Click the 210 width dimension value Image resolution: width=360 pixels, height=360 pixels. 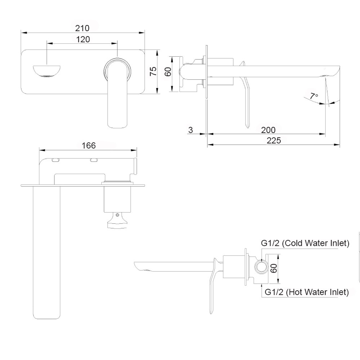coord(83,28)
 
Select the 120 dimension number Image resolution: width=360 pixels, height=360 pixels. coord(83,39)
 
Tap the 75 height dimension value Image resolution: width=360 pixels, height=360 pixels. coord(153,71)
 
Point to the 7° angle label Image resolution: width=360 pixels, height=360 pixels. coord(314,96)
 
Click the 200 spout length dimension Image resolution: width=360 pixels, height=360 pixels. coord(268,130)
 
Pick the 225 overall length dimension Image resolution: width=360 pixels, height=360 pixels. coord(274,140)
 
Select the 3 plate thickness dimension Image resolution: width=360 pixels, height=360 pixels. coord(190,130)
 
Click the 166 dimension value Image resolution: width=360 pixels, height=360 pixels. coord(89,145)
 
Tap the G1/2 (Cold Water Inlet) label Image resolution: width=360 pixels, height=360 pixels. coord(305,243)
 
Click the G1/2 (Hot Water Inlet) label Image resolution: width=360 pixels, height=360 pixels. coord(306,292)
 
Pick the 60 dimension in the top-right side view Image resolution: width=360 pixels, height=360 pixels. coord(168,71)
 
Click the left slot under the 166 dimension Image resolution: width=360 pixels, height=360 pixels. coord(56,161)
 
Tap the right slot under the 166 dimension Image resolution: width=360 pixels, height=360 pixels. coord(94,161)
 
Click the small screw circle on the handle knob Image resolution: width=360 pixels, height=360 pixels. coord(117,215)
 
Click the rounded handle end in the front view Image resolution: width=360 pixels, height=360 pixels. coord(117,123)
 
